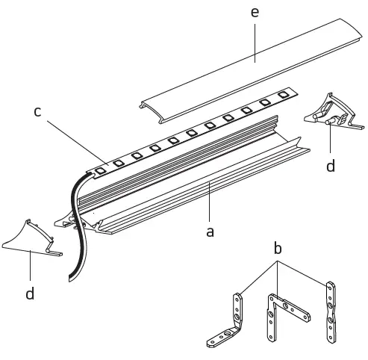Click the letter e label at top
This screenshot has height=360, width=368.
coord(255,13)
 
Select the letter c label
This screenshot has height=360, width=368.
coord(37,111)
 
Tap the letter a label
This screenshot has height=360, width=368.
coord(210,232)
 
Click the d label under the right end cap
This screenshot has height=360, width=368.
coord(331,166)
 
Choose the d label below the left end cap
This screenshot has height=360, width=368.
coord(30,294)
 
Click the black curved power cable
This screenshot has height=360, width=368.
coord(75,224)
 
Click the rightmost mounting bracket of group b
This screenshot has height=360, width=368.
coord(330,314)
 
